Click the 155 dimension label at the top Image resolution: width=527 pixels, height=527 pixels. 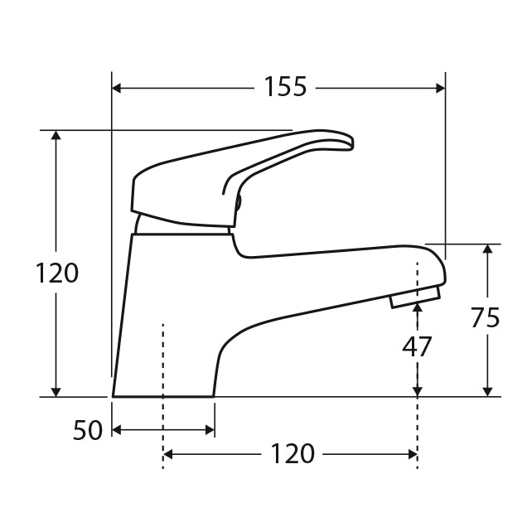pos(285,86)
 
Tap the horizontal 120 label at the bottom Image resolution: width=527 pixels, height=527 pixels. pos(293,454)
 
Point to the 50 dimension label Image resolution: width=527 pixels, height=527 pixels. pos(87,430)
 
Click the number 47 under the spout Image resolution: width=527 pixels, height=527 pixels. pos(417,346)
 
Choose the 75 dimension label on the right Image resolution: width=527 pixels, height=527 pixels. pos(486,318)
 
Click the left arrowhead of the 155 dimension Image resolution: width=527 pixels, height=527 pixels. pos(118,87)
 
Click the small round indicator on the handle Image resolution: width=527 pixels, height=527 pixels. pos(238,201)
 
